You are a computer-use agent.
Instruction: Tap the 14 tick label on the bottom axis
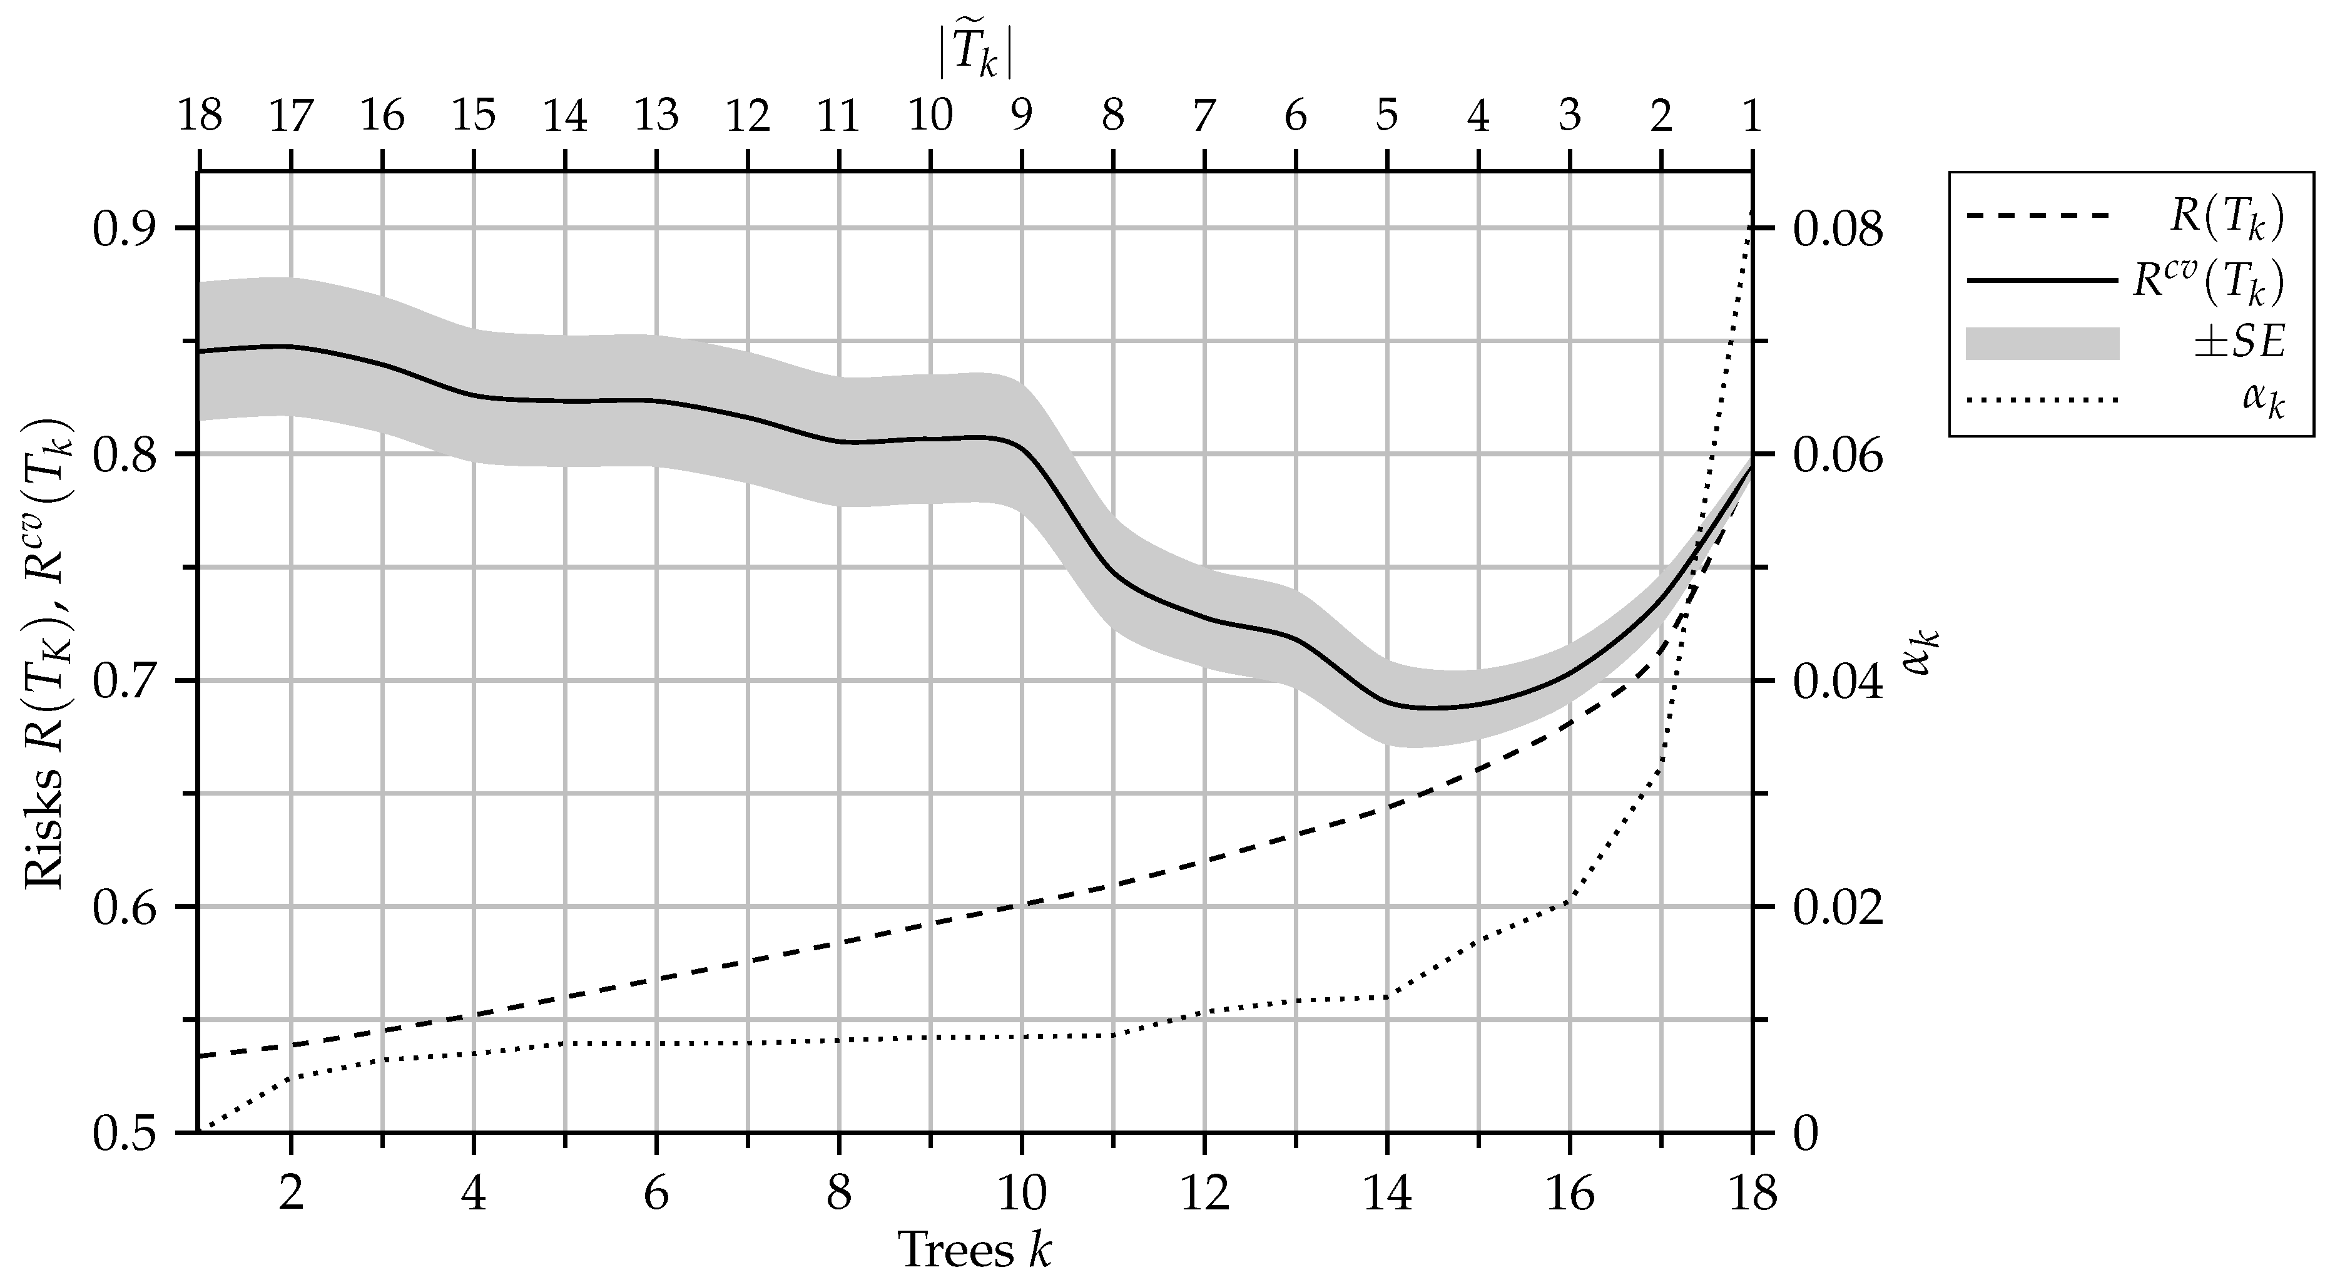point(1386,1195)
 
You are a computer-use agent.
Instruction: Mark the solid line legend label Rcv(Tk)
point(2207,281)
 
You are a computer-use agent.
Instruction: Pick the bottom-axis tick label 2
point(290,1195)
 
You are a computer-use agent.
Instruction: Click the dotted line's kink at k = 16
point(1569,902)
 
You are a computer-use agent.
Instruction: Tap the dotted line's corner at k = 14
point(1386,996)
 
